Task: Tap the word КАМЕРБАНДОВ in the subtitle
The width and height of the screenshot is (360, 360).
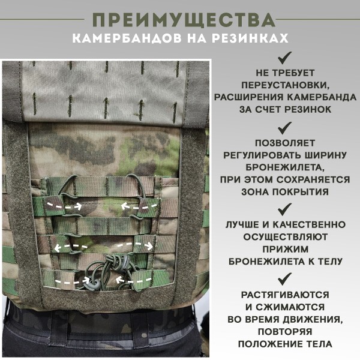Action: (x=125, y=39)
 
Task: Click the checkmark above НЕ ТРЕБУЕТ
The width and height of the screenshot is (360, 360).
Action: (x=285, y=58)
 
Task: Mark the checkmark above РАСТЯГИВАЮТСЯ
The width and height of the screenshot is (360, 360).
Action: (x=285, y=278)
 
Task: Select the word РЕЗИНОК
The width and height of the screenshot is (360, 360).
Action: (x=308, y=110)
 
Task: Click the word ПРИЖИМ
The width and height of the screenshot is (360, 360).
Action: (x=285, y=249)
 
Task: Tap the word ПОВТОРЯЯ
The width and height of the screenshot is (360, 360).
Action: (x=285, y=331)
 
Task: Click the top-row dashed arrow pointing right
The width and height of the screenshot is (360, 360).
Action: (x=70, y=205)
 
